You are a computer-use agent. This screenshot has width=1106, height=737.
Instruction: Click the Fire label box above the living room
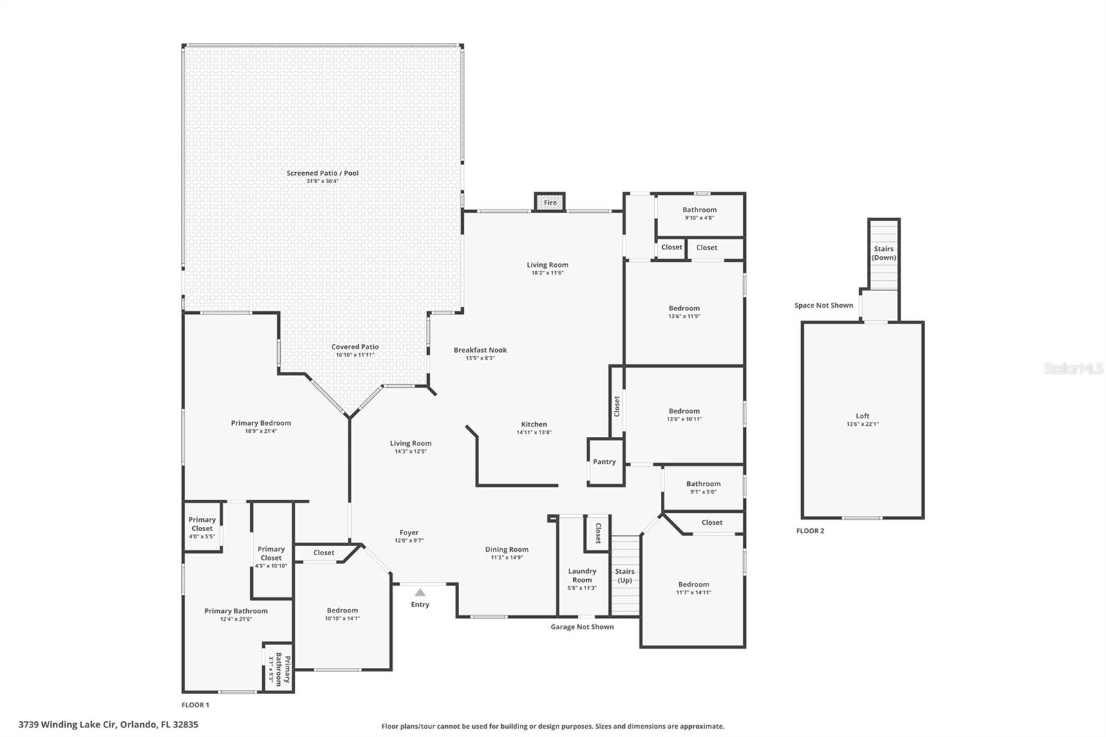point(550,202)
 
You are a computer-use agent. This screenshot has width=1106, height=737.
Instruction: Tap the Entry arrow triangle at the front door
point(420,593)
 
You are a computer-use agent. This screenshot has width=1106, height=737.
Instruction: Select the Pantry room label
point(604,461)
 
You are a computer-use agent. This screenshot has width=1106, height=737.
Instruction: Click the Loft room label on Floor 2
point(863,416)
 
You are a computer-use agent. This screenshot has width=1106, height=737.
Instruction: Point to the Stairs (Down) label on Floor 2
point(884,253)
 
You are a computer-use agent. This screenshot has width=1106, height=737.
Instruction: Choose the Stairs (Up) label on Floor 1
point(625,576)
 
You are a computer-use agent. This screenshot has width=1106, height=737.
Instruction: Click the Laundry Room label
point(582,575)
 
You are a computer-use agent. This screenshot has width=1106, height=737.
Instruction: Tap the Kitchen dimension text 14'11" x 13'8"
point(534,432)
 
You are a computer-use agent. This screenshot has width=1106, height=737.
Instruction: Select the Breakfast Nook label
point(480,350)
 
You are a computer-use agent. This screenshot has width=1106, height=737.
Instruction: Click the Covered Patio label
point(355,347)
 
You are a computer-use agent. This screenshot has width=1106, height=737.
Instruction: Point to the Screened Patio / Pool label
point(322,173)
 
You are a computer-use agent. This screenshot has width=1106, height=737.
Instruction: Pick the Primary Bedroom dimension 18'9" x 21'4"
point(261,431)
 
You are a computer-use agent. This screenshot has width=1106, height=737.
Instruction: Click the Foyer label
point(409,532)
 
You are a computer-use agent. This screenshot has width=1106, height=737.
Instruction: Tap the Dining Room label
point(507,549)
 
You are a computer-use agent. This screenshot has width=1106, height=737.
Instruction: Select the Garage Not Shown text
point(582,627)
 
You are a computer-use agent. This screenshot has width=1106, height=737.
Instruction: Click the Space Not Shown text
point(823,306)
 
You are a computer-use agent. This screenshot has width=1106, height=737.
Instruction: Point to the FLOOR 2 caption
point(810,531)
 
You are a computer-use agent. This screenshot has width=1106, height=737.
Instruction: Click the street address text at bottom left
point(108,725)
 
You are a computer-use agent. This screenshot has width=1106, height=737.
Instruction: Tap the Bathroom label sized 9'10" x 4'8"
point(700,209)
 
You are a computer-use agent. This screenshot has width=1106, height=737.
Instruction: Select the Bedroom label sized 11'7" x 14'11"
point(694,584)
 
